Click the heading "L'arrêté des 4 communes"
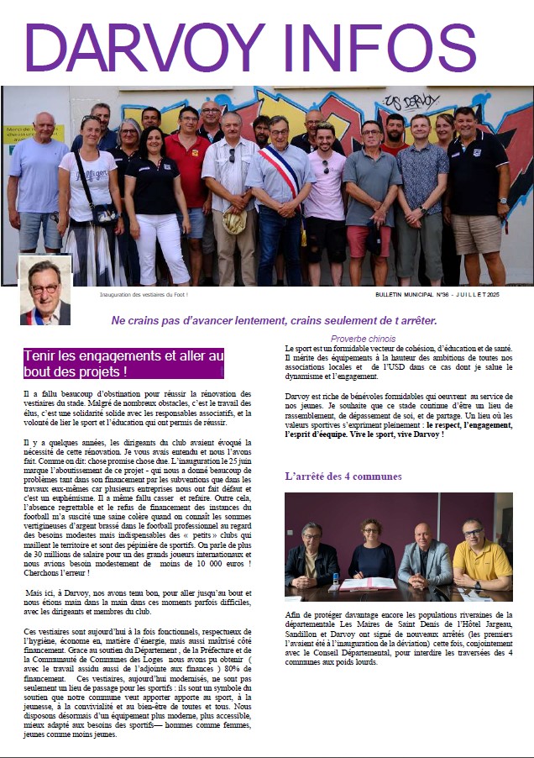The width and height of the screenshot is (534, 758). click(x=343, y=476)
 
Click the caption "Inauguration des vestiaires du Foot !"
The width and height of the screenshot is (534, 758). click(x=144, y=295)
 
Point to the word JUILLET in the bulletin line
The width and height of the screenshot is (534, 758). click(x=482, y=295)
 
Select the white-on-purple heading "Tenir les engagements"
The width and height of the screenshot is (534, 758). click(x=123, y=363)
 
